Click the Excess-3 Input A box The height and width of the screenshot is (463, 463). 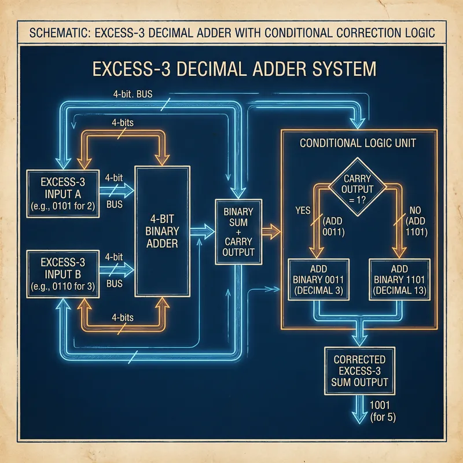point(63,193)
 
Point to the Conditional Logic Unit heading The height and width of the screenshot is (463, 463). point(358,143)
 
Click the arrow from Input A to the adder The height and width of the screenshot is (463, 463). point(119,189)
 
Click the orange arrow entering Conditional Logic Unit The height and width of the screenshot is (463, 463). point(270,231)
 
